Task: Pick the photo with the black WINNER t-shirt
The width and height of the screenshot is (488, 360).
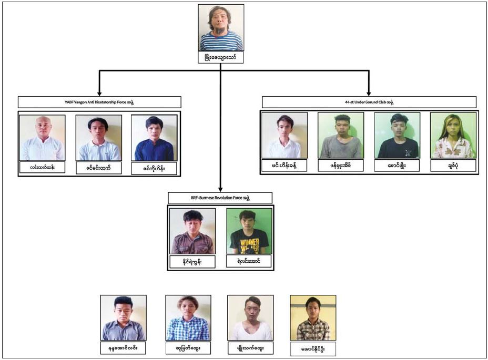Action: click(249, 231)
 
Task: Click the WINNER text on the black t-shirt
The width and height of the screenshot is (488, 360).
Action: click(249, 242)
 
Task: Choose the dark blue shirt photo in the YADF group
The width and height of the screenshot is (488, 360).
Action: click(154, 138)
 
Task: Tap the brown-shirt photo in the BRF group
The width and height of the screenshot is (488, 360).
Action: click(192, 231)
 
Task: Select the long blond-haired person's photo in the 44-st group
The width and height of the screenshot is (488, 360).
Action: click(453, 135)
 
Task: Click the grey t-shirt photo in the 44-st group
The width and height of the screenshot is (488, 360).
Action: click(341, 135)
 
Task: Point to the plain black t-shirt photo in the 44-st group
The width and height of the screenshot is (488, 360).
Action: click(397, 135)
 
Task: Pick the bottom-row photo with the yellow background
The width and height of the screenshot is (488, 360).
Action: click(313, 317)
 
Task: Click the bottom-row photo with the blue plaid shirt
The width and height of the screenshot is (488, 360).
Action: click(188, 317)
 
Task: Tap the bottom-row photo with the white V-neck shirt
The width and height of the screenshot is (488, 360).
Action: click(250, 317)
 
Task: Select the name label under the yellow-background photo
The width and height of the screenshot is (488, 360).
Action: click(313, 348)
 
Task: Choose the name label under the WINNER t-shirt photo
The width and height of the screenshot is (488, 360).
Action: click(249, 261)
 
